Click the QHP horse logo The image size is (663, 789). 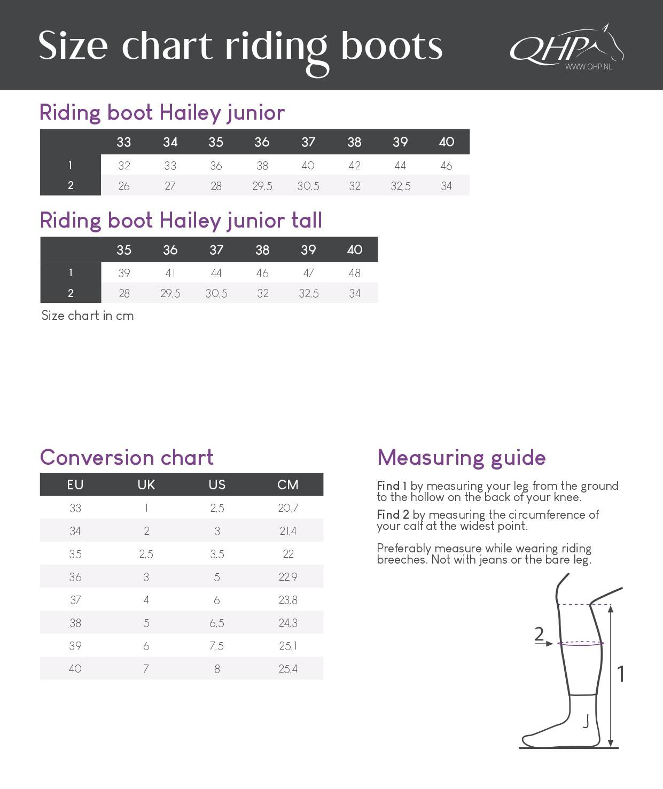[566, 47]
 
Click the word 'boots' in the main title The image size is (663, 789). [391, 45]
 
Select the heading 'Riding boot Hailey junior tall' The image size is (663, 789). [181, 220]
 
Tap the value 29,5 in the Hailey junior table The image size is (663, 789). [262, 186]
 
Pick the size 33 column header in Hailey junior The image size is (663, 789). [123, 142]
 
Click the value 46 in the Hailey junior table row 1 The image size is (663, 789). [446, 166]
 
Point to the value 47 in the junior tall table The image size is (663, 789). [308, 273]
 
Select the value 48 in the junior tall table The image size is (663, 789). [354, 273]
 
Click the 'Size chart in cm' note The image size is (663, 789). [88, 316]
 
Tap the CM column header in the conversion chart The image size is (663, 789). [287, 485]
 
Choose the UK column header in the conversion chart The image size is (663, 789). [146, 485]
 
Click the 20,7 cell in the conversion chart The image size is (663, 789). [287, 508]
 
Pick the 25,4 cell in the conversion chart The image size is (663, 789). [287, 669]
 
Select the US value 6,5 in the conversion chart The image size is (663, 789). [216, 623]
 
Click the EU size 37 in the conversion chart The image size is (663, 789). [75, 600]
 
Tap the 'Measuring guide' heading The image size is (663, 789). [461, 458]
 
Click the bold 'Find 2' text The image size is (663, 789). [393, 514]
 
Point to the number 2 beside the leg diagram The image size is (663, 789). [539, 634]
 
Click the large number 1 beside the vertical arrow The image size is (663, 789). [620, 674]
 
